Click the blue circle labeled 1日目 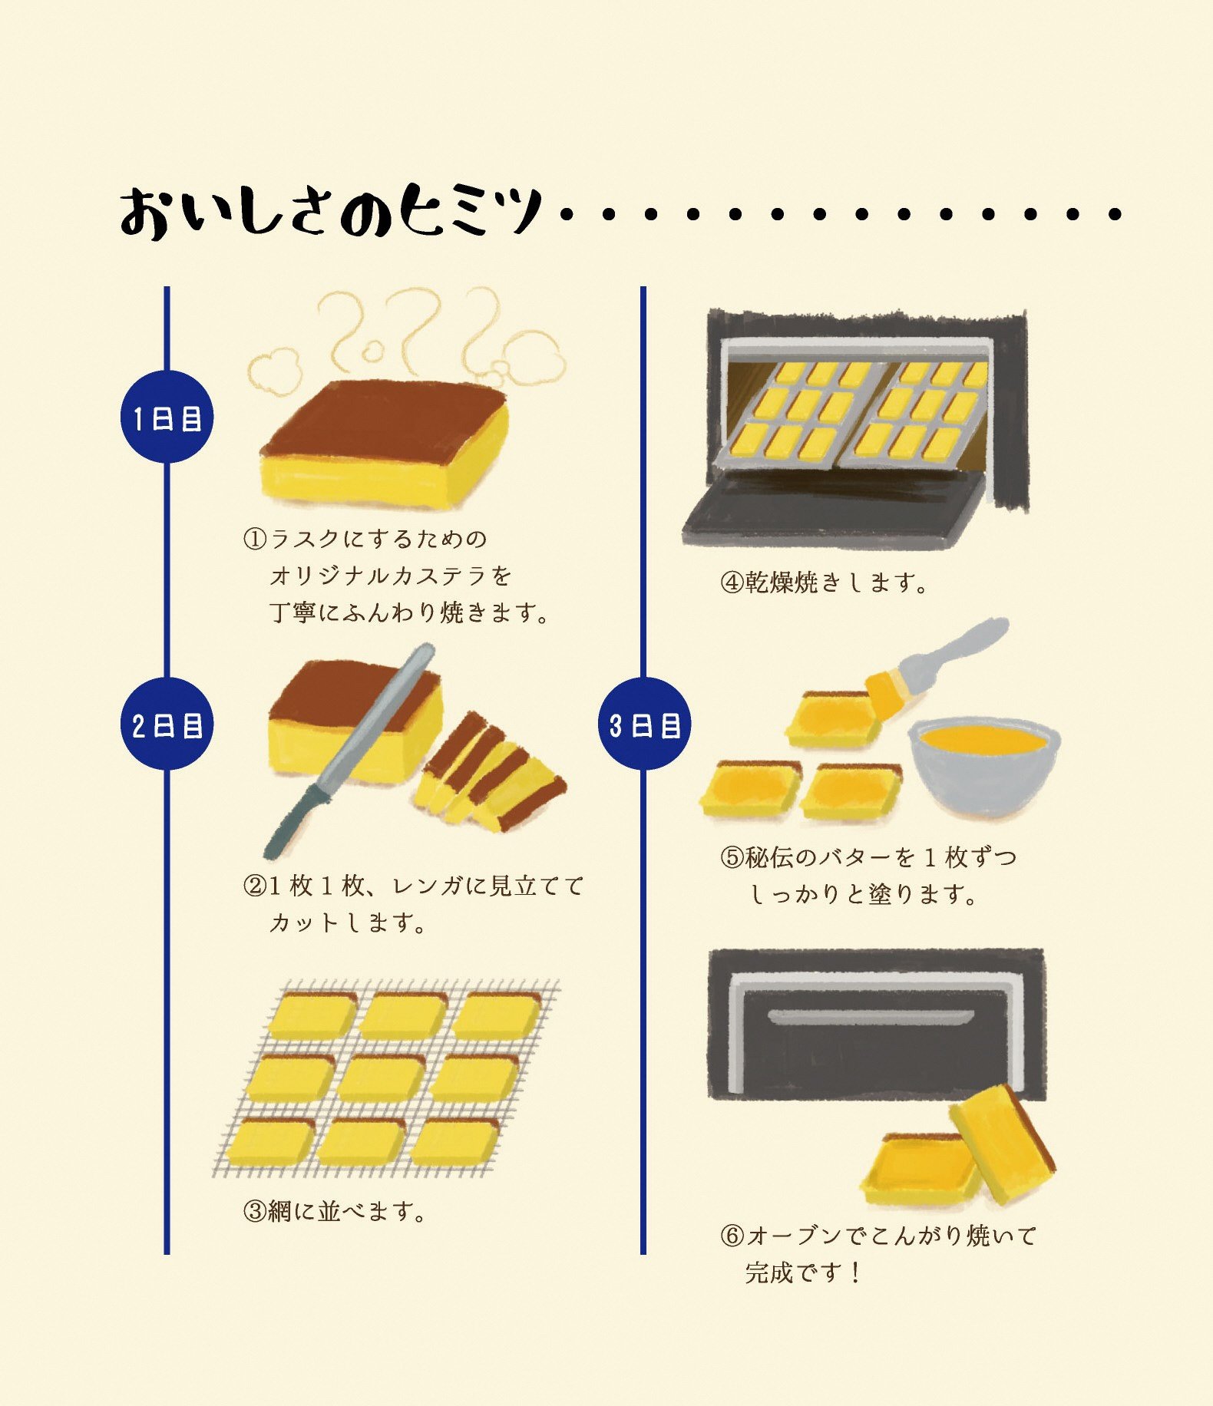[x=167, y=417]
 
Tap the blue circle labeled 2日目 [x=167, y=724]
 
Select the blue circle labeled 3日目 [x=644, y=724]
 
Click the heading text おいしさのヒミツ [x=331, y=210]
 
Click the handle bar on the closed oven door [x=871, y=1018]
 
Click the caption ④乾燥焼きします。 [x=825, y=583]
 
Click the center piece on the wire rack [x=381, y=1078]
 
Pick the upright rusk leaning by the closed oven [x=1003, y=1144]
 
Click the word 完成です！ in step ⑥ [x=803, y=1272]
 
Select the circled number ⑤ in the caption [x=732, y=856]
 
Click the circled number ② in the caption [x=255, y=886]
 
